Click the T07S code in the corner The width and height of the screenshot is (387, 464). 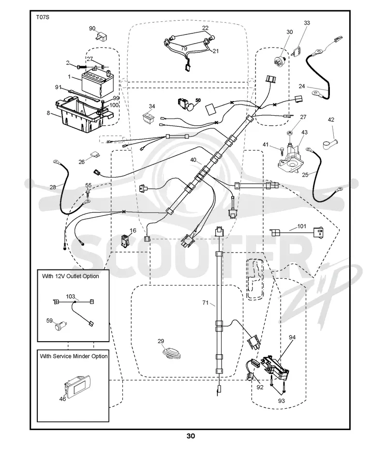(42, 17)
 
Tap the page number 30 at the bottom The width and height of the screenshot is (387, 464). (191, 436)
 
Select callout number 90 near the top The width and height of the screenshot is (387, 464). (92, 29)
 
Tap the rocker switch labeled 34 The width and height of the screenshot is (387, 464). (149, 117)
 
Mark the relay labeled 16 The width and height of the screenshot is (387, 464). (125, 240)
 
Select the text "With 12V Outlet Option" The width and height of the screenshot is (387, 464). (71, 276)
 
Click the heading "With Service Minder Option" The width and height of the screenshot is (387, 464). (74, 356)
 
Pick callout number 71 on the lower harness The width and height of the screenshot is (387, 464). (205, 303)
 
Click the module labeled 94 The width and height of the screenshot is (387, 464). (275, 368)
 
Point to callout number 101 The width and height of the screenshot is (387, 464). (301, 226)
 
